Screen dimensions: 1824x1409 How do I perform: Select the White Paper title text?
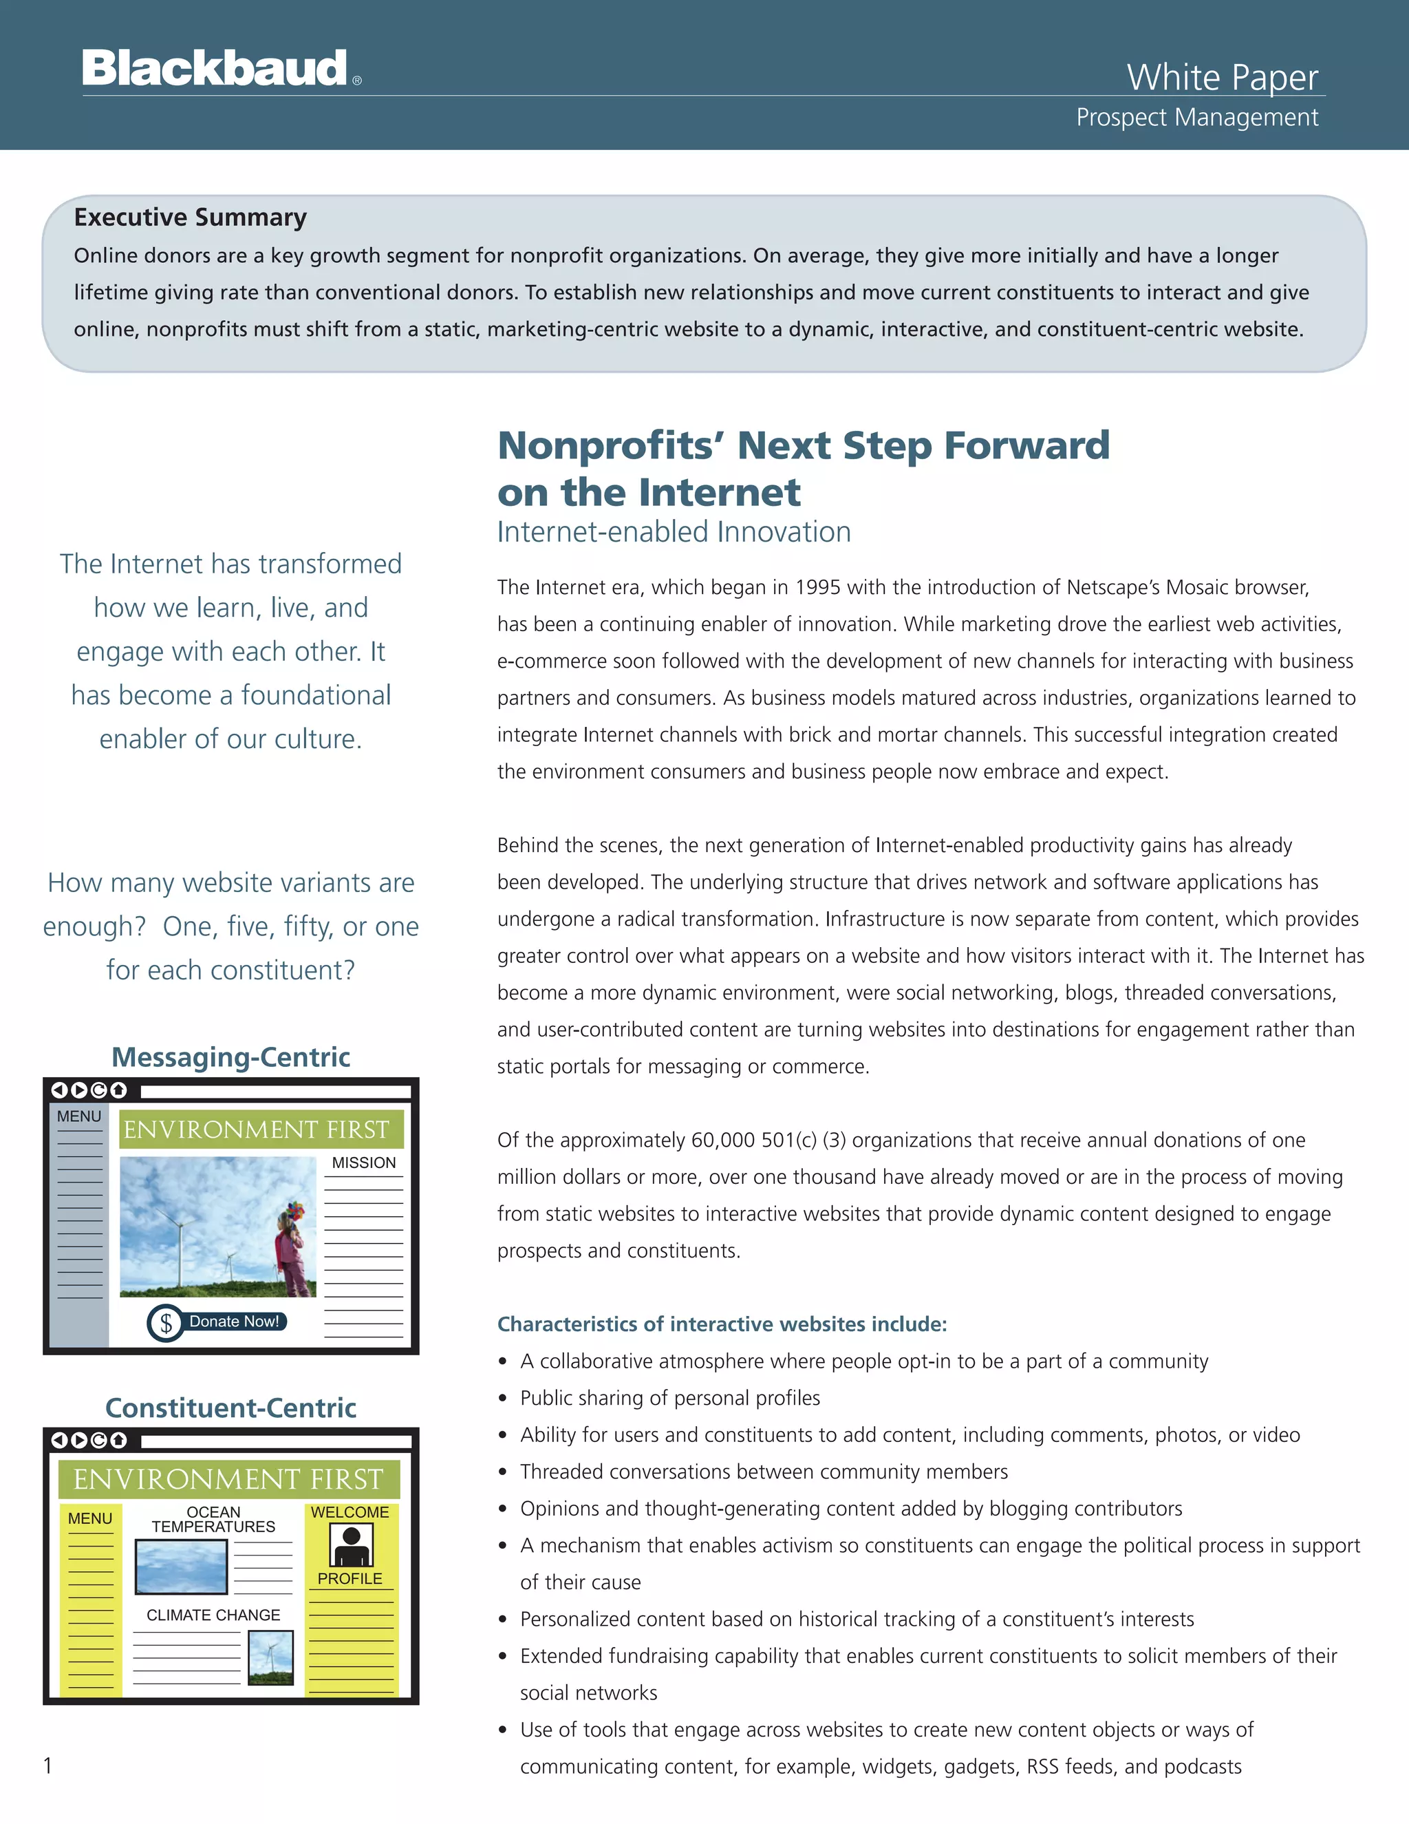coord(1222,77)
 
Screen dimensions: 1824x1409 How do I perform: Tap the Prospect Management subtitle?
coord(1197,117)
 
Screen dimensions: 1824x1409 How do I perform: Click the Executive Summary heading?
coord(191,217)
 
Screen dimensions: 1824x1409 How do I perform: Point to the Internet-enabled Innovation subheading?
coord(674,532)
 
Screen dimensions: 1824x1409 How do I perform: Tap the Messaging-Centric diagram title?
coord(230,1057)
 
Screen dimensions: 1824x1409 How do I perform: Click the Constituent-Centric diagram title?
coord(230,1408)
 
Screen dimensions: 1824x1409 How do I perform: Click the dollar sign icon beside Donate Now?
coord(166,1323)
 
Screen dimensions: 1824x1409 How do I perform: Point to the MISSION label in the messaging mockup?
coord(364,1163)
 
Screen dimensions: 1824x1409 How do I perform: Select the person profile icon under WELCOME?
coord(351,1545)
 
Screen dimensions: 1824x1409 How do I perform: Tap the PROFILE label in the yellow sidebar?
coord(349,1578)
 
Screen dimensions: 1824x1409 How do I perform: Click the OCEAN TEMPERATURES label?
coord(214,1519)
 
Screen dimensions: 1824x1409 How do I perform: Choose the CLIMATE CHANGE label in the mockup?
coord(214,1615)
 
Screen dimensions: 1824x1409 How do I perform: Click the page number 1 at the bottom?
coord(47,1765)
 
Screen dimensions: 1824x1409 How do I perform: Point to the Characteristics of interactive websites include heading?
coord(722,1324)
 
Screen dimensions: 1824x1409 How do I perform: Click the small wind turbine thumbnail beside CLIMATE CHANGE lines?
coord(271,1657)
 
